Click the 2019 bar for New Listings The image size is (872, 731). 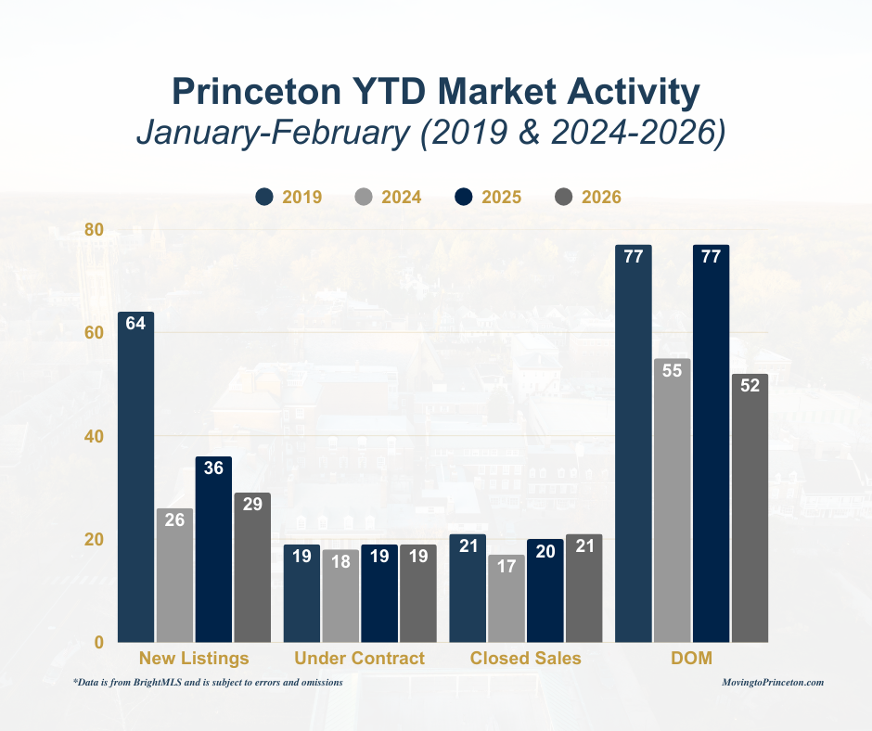135,478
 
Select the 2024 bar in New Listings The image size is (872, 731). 174,575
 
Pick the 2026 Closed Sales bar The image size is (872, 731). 583,588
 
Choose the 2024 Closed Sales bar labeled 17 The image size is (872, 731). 506,598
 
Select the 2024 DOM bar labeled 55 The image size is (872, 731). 673,501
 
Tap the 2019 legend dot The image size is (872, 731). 264,197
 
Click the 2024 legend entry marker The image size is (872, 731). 365,197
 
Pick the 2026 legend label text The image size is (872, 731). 601,197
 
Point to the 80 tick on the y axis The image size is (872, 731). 95,229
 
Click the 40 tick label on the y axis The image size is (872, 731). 95,436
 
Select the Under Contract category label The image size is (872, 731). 359,659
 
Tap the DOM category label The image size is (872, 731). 692,659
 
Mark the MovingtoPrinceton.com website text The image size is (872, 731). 773,682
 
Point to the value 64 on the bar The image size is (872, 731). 135,324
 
